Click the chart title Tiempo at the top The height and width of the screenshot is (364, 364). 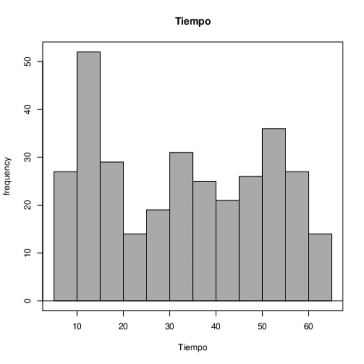(193, 21)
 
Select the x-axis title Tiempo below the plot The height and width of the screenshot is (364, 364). (193, 347)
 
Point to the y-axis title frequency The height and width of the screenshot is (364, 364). (7, 176)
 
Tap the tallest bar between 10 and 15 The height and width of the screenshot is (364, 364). (88, 176)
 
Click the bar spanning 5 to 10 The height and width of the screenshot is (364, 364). (65, 236)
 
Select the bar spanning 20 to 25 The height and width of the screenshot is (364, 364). (135, 267)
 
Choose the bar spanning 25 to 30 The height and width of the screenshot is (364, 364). (158, 255)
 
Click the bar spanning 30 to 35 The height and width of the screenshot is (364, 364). (181, 226)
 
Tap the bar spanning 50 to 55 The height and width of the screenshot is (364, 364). (274, 215)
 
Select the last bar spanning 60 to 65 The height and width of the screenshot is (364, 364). (320, 267)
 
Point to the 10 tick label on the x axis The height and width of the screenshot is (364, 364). (77, 327)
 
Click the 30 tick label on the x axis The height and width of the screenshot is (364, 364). (170, 327)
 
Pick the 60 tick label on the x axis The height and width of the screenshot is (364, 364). (309, 327)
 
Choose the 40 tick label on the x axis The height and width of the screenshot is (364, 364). (216, 327)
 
